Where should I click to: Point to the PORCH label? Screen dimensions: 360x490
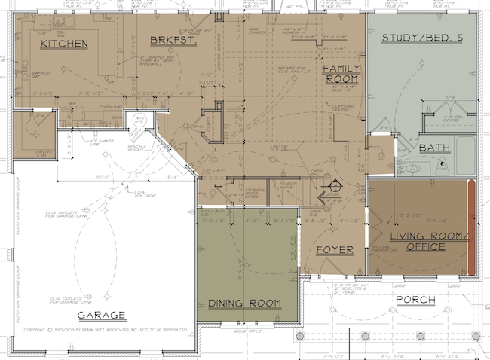tap(415, 300)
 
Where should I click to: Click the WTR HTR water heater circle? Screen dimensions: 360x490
tap(139, 120)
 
